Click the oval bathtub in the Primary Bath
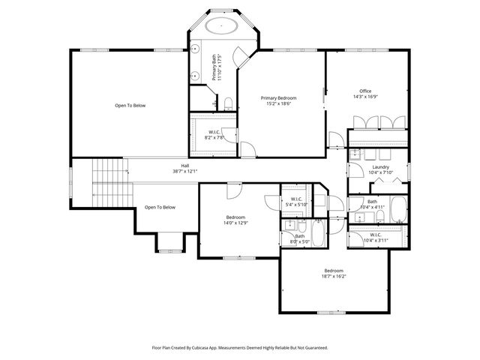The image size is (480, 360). [221, 25]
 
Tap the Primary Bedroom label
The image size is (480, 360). [278, 98]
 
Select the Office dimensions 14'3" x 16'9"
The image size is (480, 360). [365, 97]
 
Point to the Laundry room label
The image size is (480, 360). [381, 167]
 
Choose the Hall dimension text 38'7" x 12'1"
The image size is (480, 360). [185, 172]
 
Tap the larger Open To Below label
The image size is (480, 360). [130, 106]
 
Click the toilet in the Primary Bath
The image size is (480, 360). [229, 103]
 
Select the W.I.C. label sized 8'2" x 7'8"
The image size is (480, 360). [214, 132]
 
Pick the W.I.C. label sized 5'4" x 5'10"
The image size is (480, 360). [297, 199]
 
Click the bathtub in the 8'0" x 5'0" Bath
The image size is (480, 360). [318, 233]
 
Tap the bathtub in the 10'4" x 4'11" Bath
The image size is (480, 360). [399, 209]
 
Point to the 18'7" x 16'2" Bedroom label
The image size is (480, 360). [334, 271]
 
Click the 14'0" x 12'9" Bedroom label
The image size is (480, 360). [235, 217]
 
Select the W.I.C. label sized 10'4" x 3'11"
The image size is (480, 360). [376, 235]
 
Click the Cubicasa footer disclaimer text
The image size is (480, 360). [240, 348]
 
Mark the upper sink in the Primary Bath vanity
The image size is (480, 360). [195, 49]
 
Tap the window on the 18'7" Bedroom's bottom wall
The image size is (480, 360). [331, 313]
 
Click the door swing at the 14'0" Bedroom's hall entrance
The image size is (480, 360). [235, 190]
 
